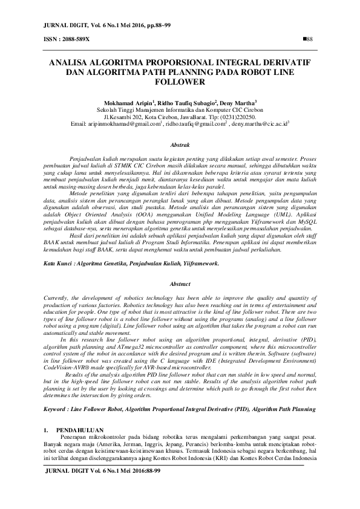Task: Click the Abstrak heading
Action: (x=180, y=146)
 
